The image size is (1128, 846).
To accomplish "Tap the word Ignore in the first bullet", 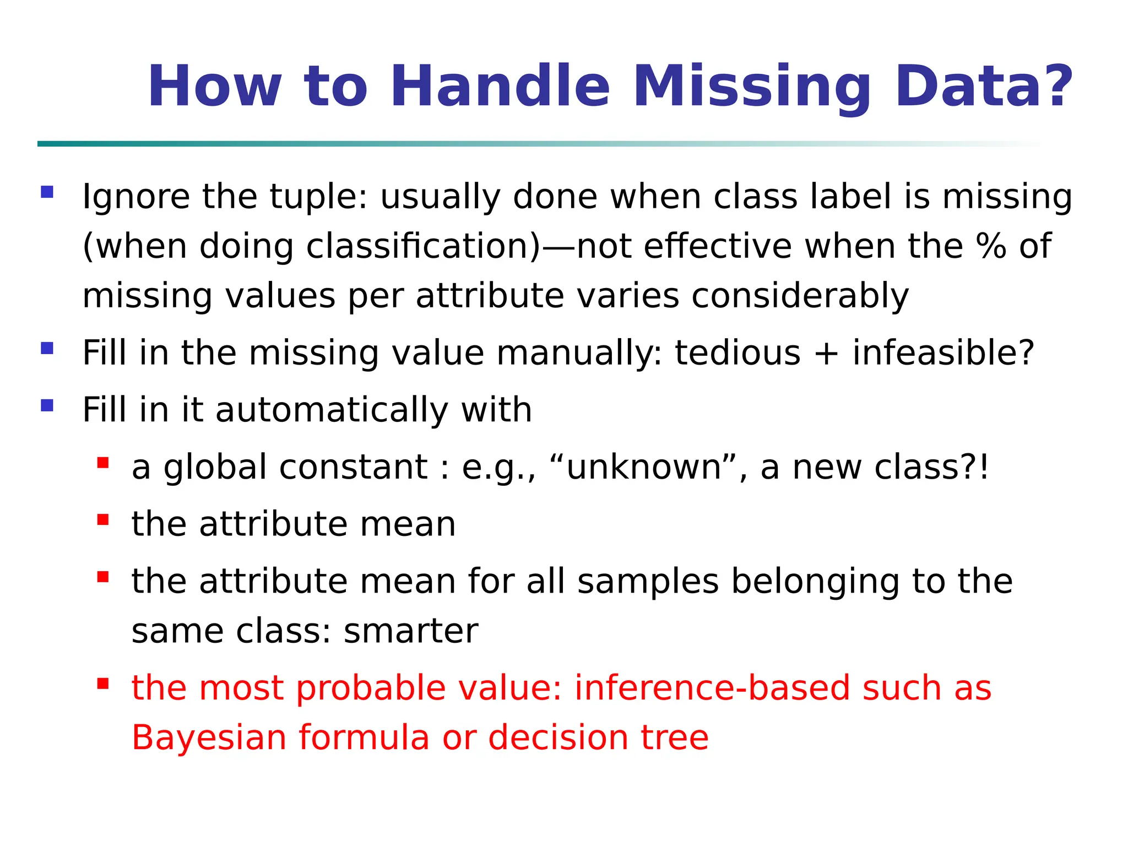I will (136, 197).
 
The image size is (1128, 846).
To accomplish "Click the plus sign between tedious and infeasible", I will (826, 354).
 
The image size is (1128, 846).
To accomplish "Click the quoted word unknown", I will (644, 468).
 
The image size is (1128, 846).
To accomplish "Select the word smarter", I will (411, 631).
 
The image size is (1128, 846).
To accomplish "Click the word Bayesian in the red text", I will (209, 738).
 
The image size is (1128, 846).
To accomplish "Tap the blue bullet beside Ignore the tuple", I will (47, 192).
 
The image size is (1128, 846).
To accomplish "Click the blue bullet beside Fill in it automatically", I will (47, 406).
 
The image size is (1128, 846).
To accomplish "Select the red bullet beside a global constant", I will (103, 463).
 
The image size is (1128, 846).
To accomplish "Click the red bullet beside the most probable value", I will (103, 684).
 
